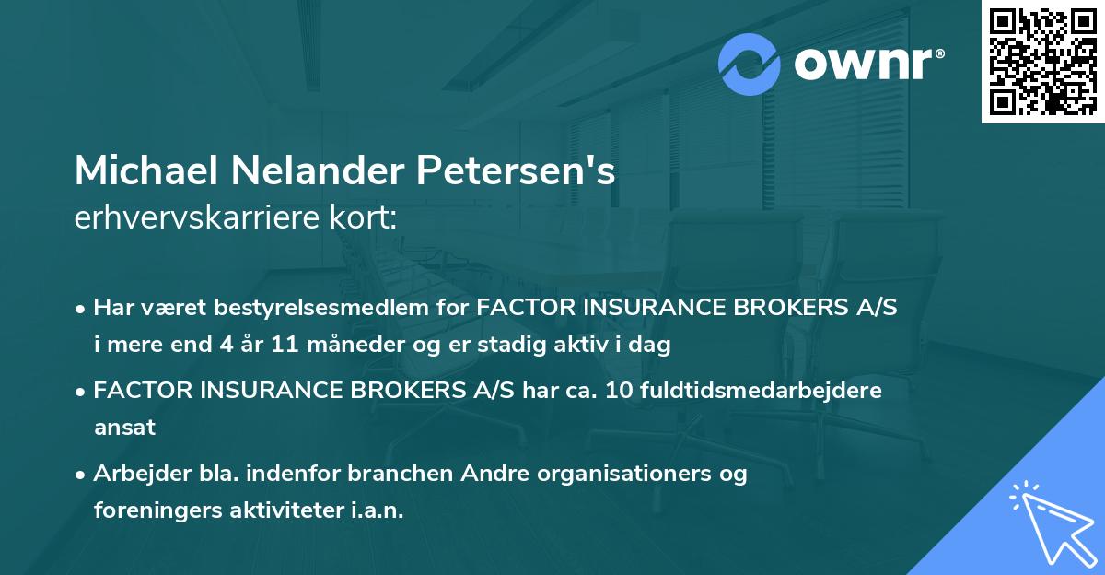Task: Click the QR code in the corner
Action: tap(1042, 61)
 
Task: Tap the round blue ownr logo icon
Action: tap(750, 64)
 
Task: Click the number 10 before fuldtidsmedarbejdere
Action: tap(618, 391)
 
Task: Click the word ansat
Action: tap(124, 428)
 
